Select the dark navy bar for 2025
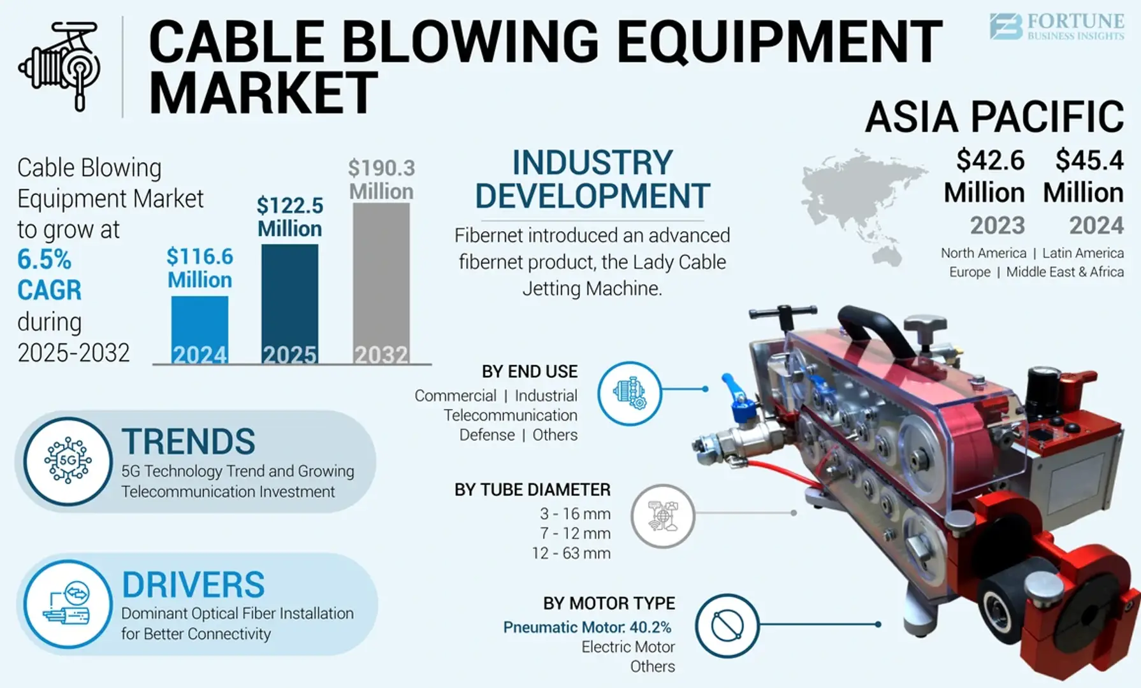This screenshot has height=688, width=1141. click(x=289, y=303)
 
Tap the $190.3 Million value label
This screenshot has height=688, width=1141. click(x=381, y=180)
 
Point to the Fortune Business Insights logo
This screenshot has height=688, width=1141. click(x=1056, y=27)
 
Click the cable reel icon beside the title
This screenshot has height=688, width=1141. click(x=61, y=66)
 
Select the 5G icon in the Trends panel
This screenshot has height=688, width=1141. click(x=68, y=461)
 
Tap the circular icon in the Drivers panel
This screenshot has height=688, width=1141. click(x=68, y=604)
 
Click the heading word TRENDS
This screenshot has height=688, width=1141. click(x=189, y=441)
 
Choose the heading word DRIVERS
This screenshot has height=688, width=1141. click(x=193, y=584)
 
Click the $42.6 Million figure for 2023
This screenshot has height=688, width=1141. click(x=985, y=176)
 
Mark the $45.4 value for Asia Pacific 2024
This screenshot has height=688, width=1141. click(x=1089, y=161)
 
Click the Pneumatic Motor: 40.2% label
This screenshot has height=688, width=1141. click(x=587, y=627)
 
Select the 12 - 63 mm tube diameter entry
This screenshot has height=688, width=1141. click(x=571, y=553)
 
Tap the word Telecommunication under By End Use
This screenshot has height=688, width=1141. click(x=510, y=415)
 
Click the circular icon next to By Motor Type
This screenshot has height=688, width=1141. click(x=727, y=626)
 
